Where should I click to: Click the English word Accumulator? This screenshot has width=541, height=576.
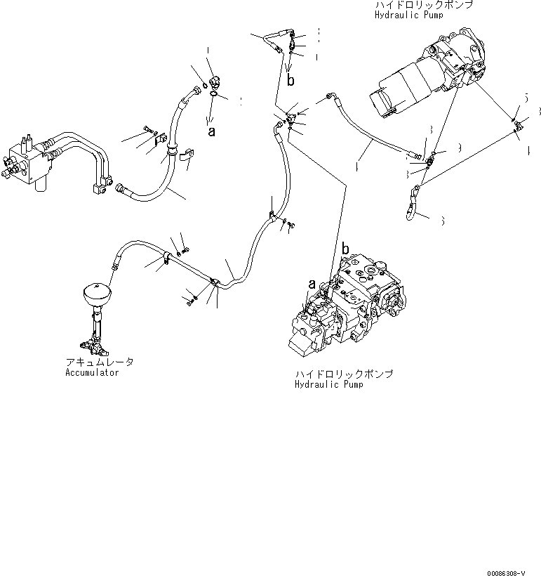87,372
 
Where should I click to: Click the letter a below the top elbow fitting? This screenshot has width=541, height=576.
211,130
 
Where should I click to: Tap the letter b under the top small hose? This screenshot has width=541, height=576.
290,81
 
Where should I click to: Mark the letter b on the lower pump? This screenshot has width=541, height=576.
345,249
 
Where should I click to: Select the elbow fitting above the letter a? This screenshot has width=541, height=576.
213,82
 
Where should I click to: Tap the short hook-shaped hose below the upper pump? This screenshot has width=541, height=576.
412,202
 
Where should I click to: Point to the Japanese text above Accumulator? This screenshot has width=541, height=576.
99,362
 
